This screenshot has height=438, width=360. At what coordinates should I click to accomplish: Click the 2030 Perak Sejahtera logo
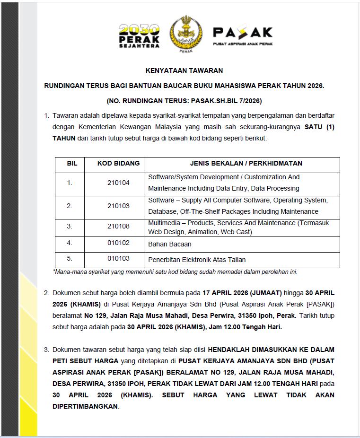pyautogui.click(x=139, y=35)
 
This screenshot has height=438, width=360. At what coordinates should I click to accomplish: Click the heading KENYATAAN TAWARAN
pyautogui.click(x=184, y=70)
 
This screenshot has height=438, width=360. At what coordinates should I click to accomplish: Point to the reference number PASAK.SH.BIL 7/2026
pyautogui.click(x=223, y=101)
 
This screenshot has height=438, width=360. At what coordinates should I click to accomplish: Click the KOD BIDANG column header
pyautogui.click(x=118, y=164)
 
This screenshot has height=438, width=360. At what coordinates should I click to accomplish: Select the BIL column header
pyautogui.click(x=72, y=164)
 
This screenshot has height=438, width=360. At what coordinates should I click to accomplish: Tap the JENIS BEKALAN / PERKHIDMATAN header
pyautogui.click(x=246, y=164)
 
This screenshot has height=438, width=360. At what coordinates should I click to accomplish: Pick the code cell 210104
pyautogui.click(x=118, y=183)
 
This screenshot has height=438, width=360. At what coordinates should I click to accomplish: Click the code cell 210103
pyautogui.click(x=118, y=206)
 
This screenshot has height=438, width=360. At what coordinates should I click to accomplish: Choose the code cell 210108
pyautogui.click(x=118, y=226)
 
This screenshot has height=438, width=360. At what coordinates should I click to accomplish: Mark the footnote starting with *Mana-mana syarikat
pyautogui.click(x=175, y=272)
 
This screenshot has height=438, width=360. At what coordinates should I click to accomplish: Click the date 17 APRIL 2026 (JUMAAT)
pyautogui.click(x=242, y=293)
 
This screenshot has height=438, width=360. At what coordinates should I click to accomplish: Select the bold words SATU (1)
pyautogui.click(x=319, y=127)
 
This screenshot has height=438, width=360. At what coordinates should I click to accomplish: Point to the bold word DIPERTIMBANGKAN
pyautogui.click(x=86, y=406)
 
